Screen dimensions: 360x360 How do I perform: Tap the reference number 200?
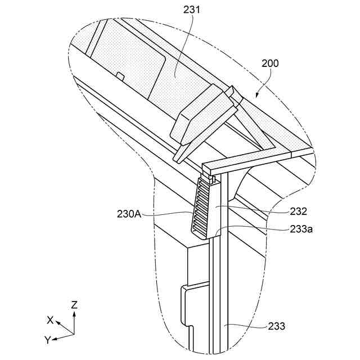270,64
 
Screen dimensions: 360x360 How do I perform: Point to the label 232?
299,211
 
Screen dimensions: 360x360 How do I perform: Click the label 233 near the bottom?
276,326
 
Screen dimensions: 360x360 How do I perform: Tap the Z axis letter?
74,304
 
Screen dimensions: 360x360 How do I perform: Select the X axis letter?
51,319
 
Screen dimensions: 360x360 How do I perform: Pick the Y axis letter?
48,340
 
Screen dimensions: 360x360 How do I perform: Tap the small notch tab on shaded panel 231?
119,75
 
